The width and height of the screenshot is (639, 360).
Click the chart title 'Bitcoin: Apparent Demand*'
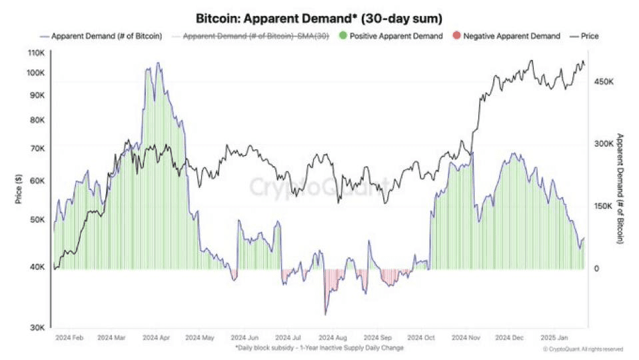click(277, 19)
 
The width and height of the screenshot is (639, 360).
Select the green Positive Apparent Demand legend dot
click(343, 36)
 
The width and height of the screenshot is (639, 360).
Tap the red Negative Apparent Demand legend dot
click(456, 36)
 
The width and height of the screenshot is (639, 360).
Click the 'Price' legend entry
click(584, 36)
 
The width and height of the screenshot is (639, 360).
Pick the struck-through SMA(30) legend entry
click(251, 36)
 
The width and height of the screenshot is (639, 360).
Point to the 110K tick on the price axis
click(36, 53)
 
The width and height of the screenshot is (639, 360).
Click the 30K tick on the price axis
click(37, 327)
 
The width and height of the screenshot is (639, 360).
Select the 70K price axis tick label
click(37, 149)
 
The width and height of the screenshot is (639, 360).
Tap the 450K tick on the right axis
click(604, 82)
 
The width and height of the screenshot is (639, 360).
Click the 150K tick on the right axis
click(604, 206)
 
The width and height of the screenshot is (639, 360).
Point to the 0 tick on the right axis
click(596, 269)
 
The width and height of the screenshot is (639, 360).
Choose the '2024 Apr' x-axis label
click(156, 338)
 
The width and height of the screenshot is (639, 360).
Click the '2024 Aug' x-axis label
click(332, 338)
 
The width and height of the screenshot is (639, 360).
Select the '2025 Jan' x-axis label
click(554, 338)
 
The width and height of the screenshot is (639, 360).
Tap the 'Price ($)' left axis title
click(19, 189)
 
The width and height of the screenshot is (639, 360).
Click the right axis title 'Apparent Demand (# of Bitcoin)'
click(620, 189)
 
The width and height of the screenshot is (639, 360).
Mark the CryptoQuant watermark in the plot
click(319, 187)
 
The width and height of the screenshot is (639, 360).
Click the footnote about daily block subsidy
click(319, 348)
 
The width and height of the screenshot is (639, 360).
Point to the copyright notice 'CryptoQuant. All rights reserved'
click(583, 349)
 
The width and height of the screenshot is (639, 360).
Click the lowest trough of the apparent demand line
click(325, 315)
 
